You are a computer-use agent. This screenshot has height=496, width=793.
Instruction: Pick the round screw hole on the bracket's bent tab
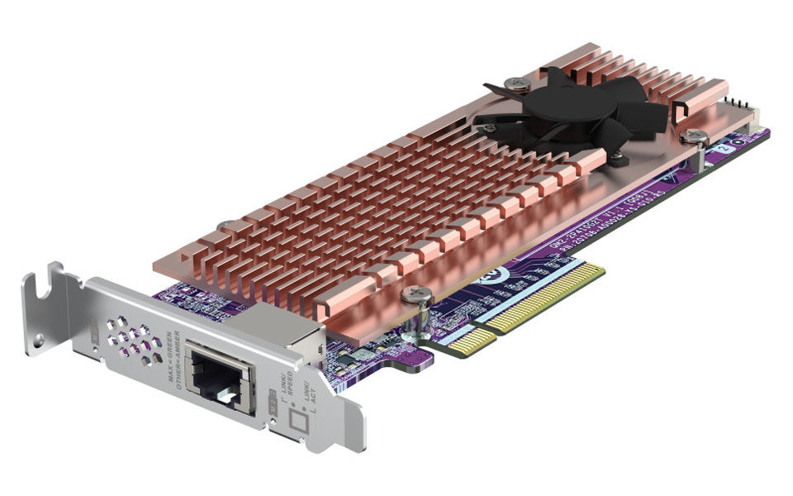37,339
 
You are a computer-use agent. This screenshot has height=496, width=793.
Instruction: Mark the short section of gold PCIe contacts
468,341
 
